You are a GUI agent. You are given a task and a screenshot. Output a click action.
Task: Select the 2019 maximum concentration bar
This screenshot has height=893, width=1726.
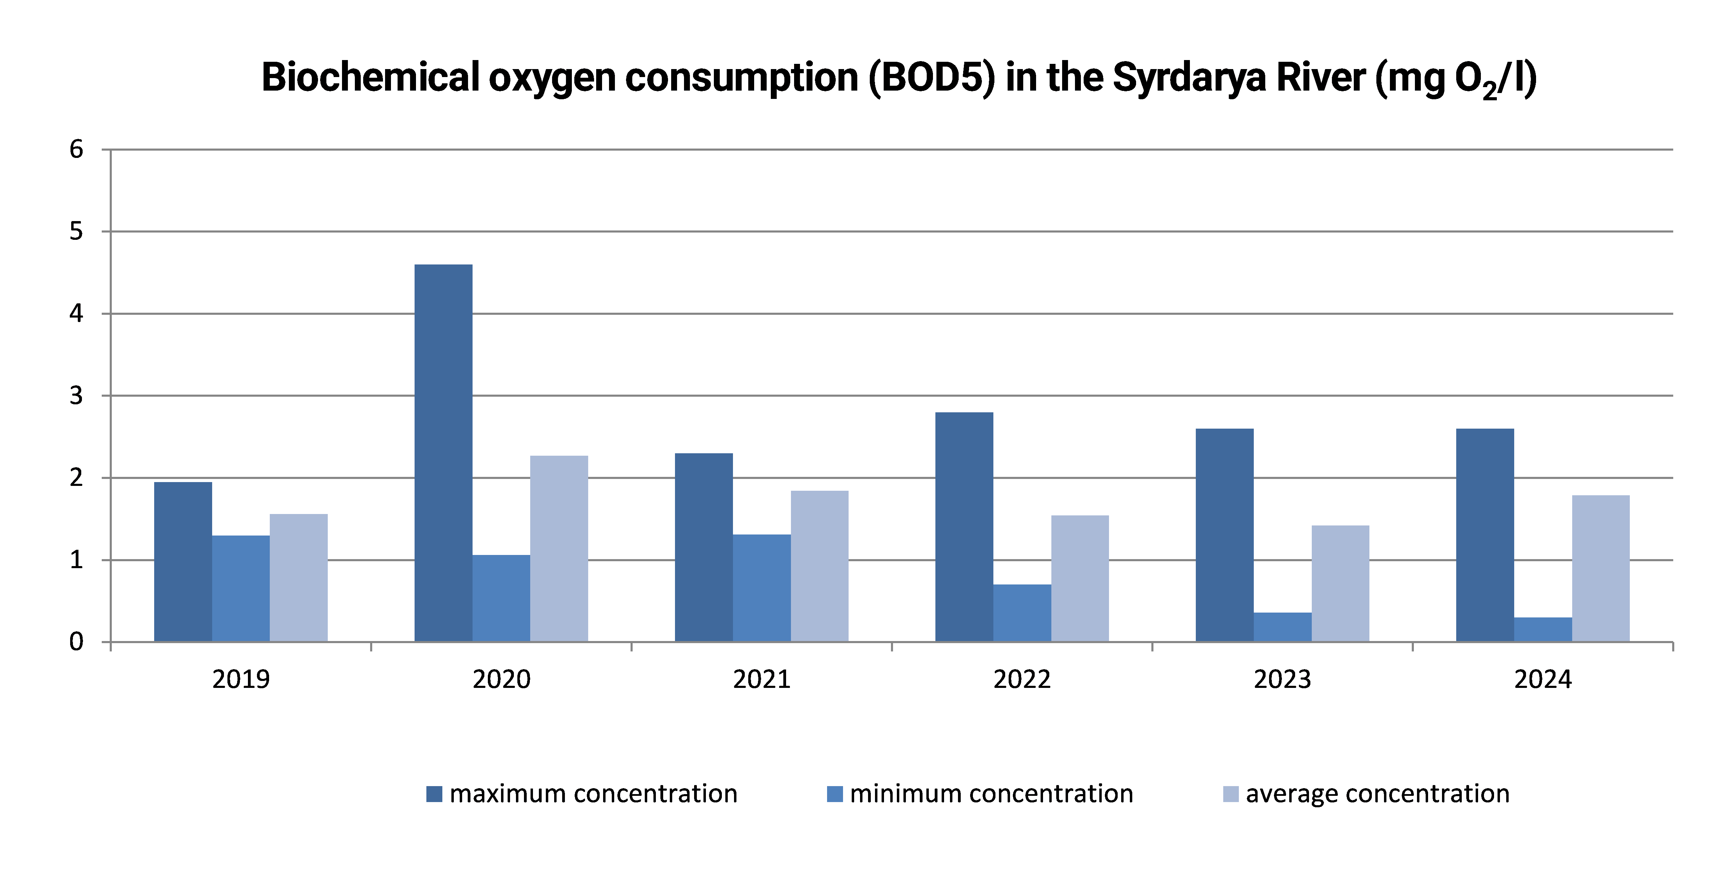click(x=183, y=562)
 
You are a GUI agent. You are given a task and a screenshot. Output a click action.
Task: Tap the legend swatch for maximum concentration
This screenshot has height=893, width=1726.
click(x=434, y=794)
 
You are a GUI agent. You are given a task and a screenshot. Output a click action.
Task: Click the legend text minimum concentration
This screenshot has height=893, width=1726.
click(x=992, y=794)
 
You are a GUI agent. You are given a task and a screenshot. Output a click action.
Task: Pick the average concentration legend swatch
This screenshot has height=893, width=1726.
click(x=1231, y=794)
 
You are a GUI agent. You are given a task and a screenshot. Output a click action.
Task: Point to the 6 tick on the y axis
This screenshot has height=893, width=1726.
click(x=76, y=149)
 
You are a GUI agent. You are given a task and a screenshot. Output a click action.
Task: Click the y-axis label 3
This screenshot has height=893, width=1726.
click(x=76, y=396)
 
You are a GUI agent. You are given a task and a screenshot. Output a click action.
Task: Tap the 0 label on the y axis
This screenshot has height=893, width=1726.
click(x=76, y=642)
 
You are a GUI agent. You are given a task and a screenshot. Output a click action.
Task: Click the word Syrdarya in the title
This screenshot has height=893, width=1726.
click(x=1189, y=78)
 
